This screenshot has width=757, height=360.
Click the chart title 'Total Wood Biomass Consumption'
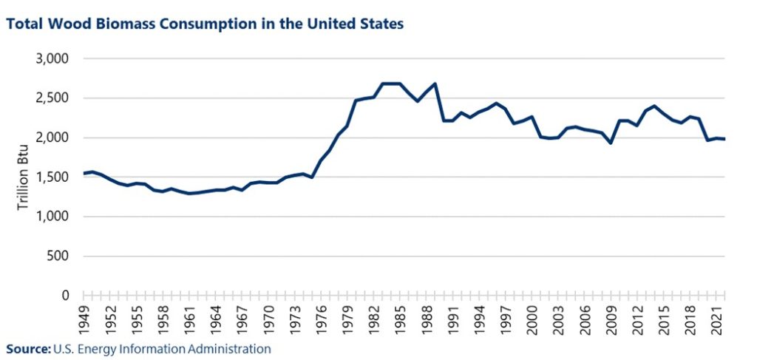[205, 24]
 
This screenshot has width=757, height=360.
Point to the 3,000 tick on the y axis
[52, 59]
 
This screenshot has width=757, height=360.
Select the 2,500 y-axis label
[52, 98]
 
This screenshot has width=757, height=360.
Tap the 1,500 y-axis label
[52, 177]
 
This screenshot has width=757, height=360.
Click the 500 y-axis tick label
[57, 257]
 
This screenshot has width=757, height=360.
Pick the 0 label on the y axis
[64, 296]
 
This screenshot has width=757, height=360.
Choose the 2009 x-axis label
[611, 318]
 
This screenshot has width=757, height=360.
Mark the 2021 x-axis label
[716, 318]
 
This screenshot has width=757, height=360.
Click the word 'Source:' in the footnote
[28, 348]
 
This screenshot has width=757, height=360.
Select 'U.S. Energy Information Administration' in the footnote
[162, 348]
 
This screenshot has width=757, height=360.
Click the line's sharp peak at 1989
[435, 84]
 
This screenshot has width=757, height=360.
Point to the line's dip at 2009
[611, 143]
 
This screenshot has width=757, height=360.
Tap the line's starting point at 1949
[84, 173]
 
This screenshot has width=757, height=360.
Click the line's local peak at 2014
[654, 106]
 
